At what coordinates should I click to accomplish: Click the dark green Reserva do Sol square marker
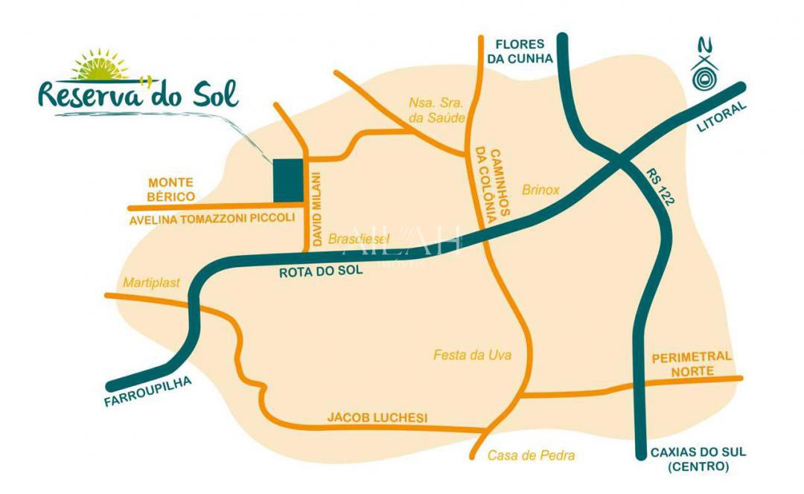288,180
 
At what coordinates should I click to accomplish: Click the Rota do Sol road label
321,272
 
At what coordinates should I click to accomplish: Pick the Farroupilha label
149,392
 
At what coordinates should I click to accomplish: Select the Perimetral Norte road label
692,364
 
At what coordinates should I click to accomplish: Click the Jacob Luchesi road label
377,418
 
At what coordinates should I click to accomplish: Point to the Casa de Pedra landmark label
532,456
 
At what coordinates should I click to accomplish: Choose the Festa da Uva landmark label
473,356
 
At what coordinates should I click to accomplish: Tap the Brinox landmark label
540,190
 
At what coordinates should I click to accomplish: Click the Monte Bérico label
171,189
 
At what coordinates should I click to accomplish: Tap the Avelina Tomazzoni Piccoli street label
212,219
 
